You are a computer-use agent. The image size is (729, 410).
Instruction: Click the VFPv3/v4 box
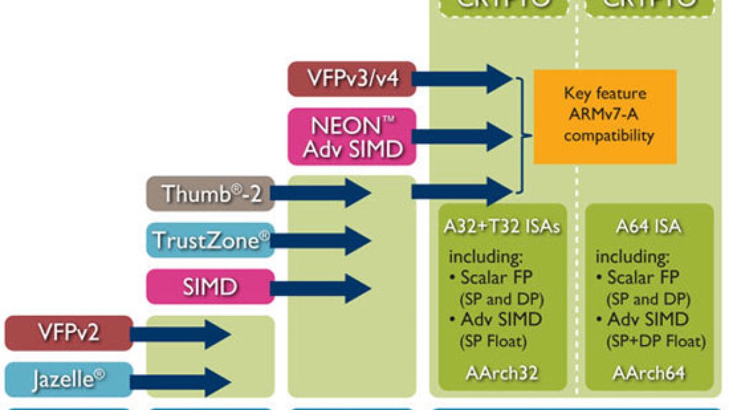tap(352, 79)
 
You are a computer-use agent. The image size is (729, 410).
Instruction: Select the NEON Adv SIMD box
tap(352, 137)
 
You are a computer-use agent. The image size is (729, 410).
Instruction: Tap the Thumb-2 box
tap(210, 194)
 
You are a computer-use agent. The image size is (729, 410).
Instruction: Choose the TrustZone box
tap(210, 240)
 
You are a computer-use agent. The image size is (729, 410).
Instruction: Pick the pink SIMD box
tap(210, 287)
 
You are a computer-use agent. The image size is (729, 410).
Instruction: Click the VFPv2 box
tap(69, 333)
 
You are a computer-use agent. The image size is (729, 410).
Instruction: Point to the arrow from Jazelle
tap(180, 380)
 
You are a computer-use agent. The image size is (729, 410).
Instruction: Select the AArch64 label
tap(649, 372)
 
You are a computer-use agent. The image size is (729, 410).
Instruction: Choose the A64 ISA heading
tap(649, 227)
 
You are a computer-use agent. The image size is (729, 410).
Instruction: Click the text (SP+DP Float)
tap(656, 341)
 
